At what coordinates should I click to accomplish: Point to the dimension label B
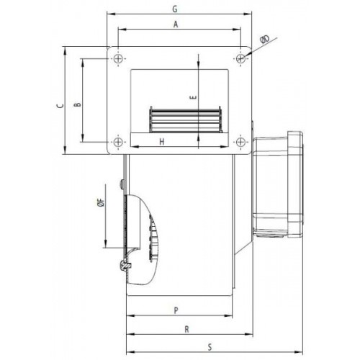[78, 103]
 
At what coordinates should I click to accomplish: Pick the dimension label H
[163, 142]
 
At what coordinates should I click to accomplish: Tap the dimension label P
[177, 310]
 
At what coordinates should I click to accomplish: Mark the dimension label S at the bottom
[209, 346]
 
